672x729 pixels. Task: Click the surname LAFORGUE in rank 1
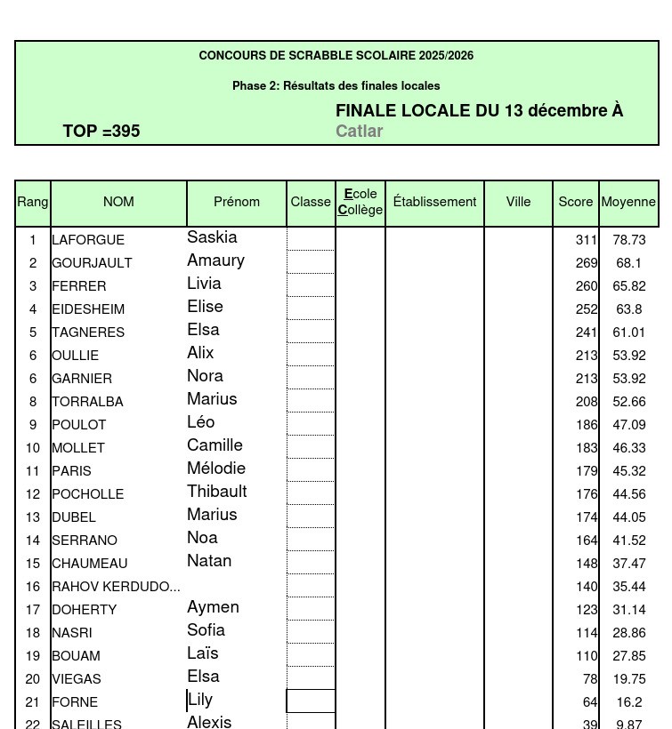88,240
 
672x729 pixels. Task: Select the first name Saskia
212,237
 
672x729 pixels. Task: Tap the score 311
586,240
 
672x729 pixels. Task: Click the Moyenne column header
628,202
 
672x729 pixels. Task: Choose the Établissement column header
434,202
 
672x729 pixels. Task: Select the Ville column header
518,202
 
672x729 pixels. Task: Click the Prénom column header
237,202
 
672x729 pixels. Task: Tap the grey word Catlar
359,132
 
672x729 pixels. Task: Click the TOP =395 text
101,132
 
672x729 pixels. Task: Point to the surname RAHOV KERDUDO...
116,587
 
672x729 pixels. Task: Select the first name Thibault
217,492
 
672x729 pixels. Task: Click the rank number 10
33,448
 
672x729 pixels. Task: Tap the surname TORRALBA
87,402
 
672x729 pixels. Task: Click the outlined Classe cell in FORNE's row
311,701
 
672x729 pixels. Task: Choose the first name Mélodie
216,469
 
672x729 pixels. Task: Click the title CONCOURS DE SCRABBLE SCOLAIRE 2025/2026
336,55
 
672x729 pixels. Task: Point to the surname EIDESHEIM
88,309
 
